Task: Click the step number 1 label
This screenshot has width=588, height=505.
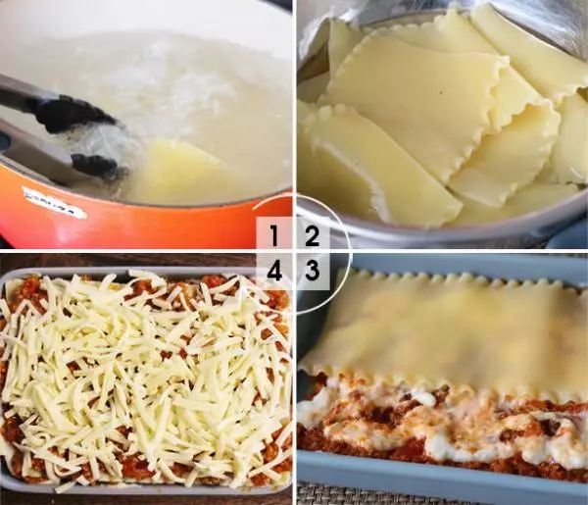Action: [274, 235]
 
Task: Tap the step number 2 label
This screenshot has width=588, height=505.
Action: [312, 235]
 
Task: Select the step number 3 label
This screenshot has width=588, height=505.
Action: [312, 270]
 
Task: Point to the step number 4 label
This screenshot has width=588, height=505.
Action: [274, 270]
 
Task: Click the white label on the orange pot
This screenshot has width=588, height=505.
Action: [54, 203]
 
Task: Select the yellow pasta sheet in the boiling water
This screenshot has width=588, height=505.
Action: [176, 169]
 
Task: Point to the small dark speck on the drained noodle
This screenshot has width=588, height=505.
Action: [441, 91]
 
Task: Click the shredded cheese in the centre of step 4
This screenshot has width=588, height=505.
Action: [146, 376]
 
